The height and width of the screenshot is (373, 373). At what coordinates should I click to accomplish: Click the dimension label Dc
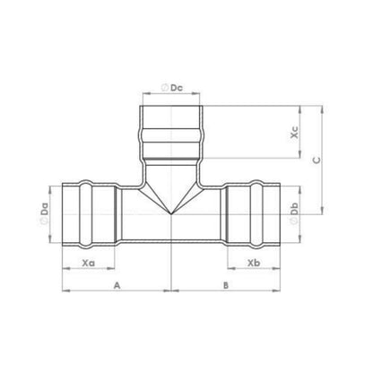point(177,88)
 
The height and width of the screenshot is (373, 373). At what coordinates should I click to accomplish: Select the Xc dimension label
point(294,132)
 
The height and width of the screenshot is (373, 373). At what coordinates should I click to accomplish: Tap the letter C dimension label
point(317,160)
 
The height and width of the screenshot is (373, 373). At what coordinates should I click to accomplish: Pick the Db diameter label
point(294,209)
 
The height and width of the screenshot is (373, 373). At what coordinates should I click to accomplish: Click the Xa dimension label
point(89,263)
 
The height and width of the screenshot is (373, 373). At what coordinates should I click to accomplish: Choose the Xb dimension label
point(254,263)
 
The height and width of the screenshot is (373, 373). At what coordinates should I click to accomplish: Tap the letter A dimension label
point(117,285)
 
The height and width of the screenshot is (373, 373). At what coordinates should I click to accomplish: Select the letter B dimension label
point(226,285)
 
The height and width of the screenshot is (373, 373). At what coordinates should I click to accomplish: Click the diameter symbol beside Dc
point(165,88)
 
